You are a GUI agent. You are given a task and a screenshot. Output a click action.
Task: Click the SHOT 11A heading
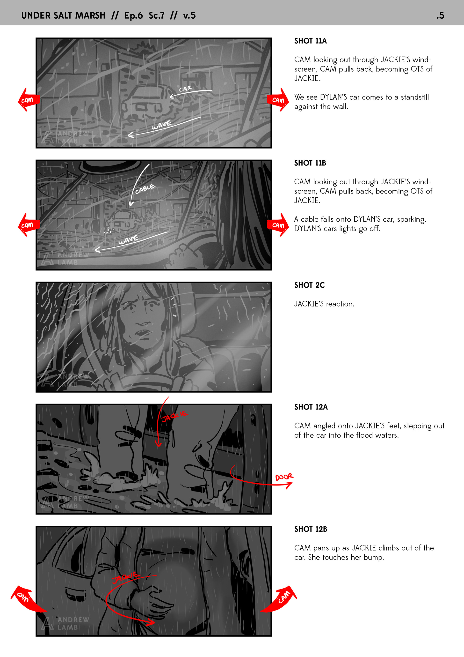click(311, 41)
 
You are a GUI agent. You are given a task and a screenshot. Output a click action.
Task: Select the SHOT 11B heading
click(310, 163)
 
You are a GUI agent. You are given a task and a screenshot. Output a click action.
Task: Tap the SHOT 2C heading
click(310, 285)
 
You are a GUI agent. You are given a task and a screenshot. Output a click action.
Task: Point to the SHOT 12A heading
click(311, 407)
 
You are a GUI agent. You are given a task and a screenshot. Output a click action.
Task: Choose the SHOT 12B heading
click(311, 529)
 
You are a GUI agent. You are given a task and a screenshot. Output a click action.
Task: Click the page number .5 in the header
click(440, 15)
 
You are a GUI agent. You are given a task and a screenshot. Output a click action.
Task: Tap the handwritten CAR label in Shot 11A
click(186, 89)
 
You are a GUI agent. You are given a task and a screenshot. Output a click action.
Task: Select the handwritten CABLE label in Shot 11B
click(145, 189)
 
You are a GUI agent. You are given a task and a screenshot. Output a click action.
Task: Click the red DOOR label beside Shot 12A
click(284, 477)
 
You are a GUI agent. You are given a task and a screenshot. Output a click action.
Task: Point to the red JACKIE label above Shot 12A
click(175, 417)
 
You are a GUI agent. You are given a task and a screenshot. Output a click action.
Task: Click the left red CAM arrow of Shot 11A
click(29, 100)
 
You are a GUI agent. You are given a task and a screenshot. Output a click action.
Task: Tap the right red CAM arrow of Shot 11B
click(278, 225)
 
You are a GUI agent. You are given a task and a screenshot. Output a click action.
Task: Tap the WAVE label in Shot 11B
click(128, 240)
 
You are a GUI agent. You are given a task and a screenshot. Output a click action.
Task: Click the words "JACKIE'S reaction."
click(324, 304)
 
